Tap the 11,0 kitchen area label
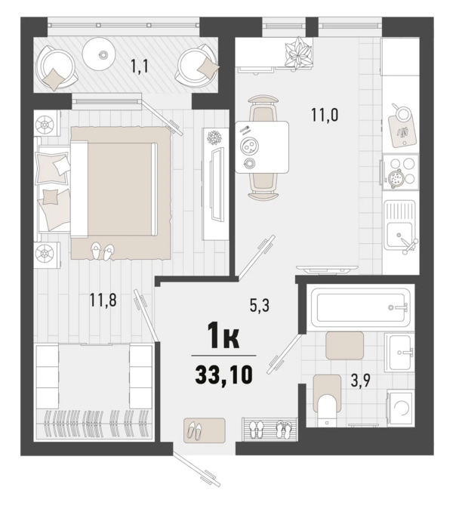[325, 116]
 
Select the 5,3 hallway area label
[261, 305]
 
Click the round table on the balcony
[100, 51]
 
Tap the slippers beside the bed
[101, 251]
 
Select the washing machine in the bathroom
[400, 411]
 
